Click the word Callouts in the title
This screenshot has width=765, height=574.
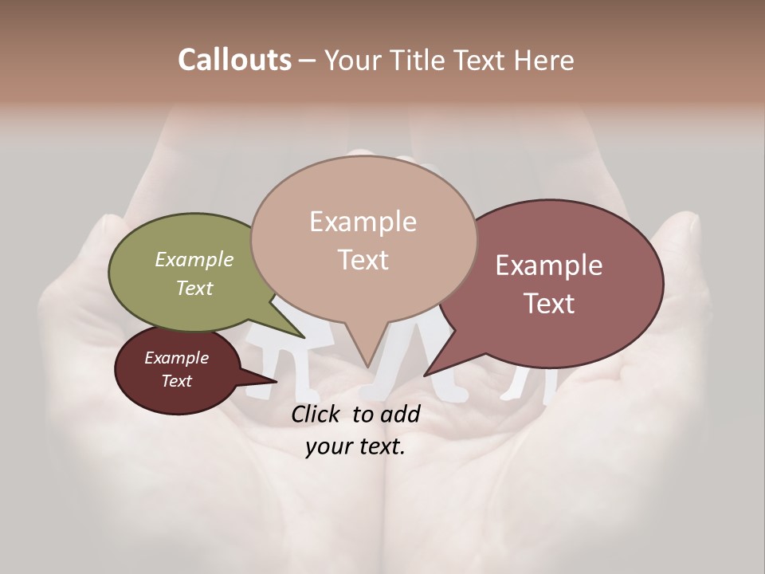234,60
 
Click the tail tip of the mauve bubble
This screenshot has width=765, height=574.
426,375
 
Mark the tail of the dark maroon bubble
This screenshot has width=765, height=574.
275,382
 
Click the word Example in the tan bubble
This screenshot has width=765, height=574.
363,222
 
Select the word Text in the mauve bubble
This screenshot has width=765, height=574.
549,304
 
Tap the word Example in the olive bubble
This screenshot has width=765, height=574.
194,259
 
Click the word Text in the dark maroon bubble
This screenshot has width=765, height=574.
177,381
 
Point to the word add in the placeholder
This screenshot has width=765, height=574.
401,414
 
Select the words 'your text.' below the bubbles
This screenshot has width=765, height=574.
355,446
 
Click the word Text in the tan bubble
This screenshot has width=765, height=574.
363,260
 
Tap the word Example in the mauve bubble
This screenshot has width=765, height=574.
549,265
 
